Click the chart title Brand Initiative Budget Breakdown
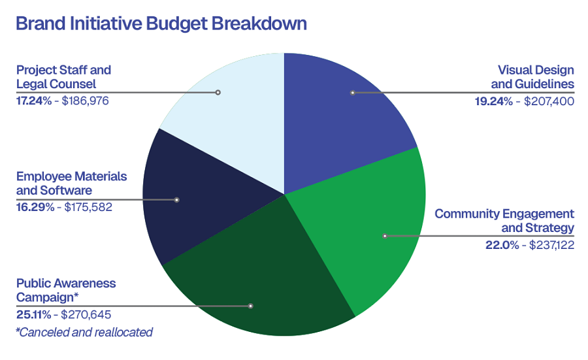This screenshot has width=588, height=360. pyautogui.click(x=161, y=24)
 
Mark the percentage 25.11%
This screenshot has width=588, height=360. pyautogui.click(x=33, y=315)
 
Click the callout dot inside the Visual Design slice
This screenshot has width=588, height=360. pyautogui.click(x=352, y=93)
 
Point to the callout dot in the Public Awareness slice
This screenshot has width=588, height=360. pyautogui.click(x=251, y=306)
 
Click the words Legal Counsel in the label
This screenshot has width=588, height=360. pyautogui.click(x=56, y=84)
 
